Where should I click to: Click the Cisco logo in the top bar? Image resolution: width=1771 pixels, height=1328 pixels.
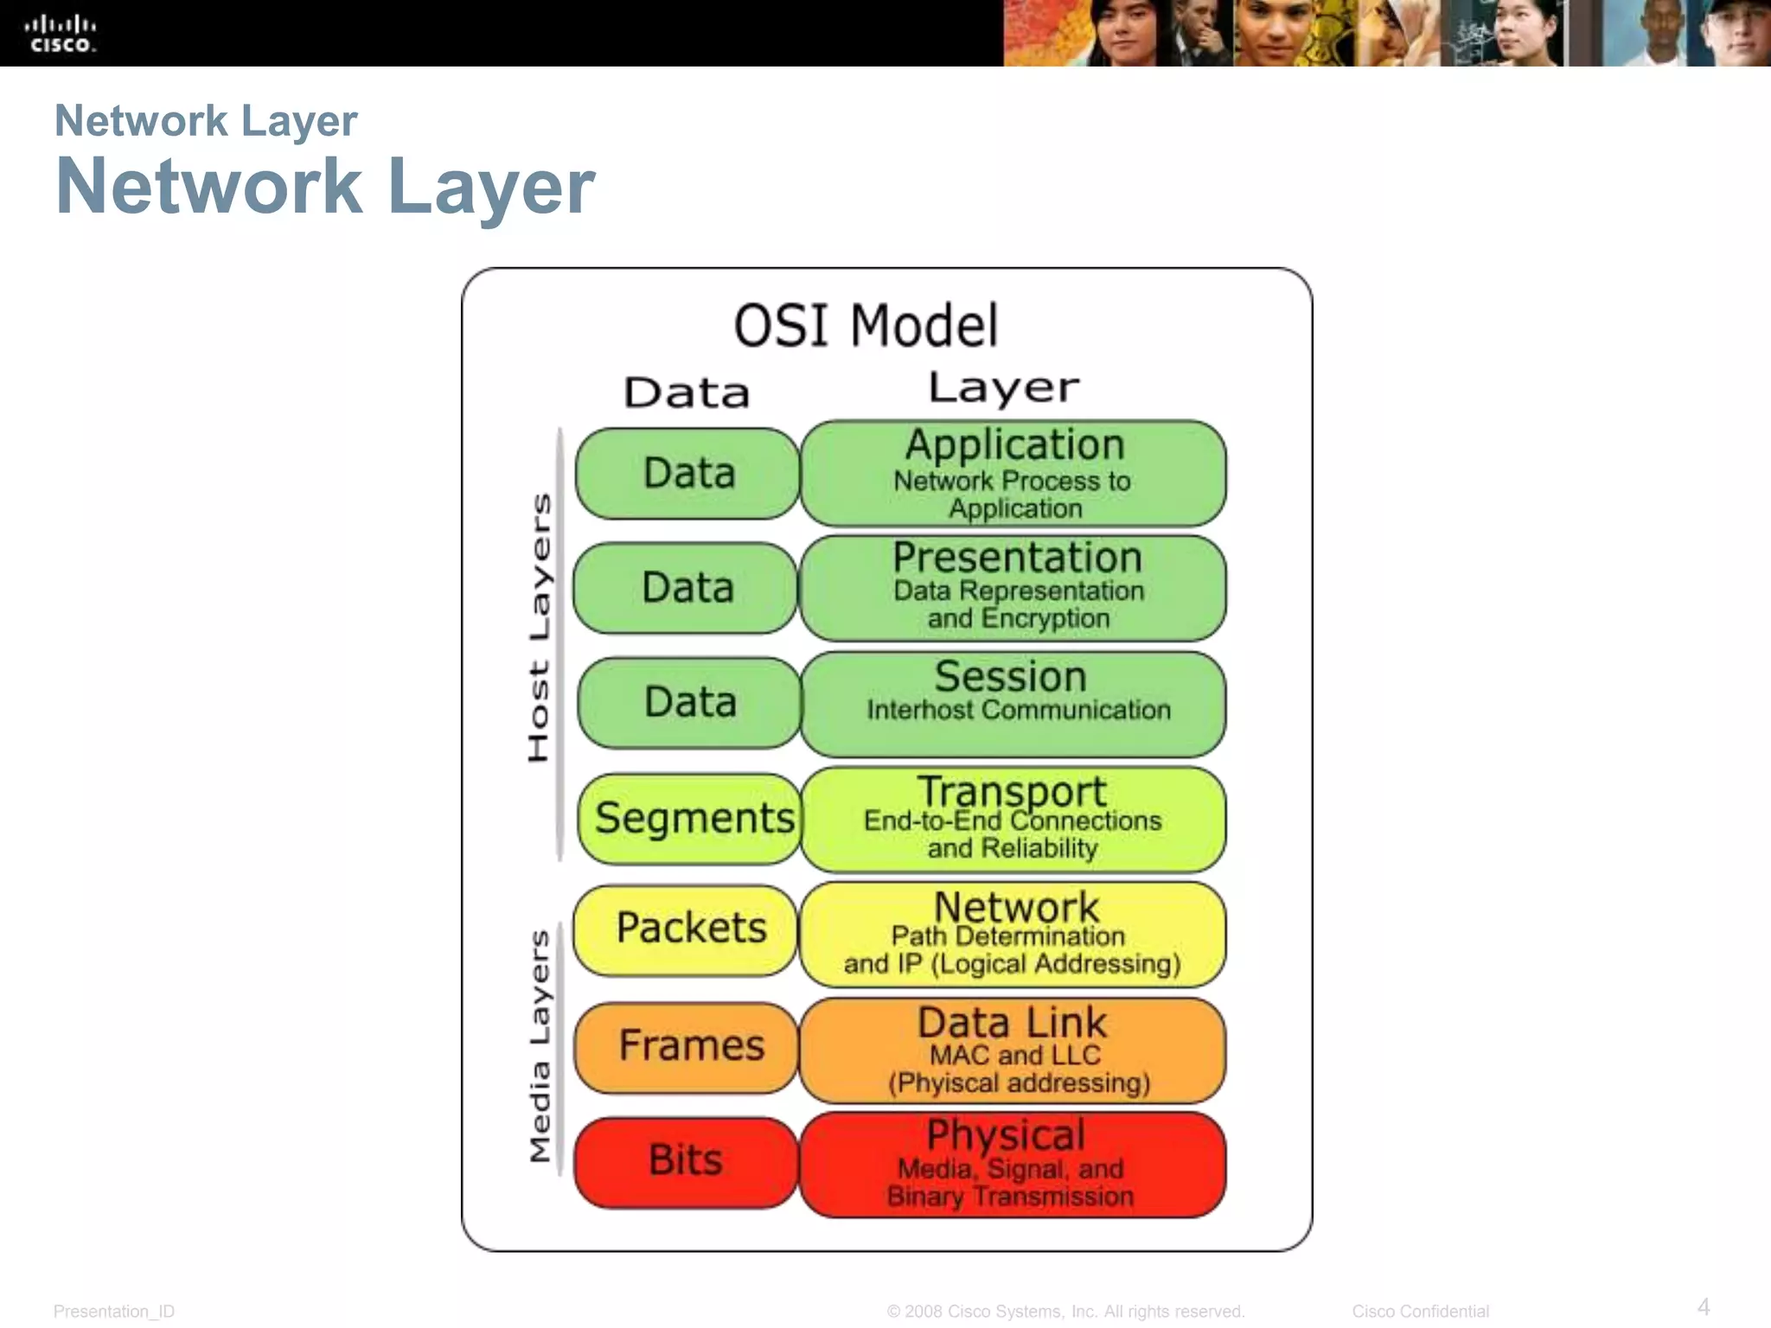point(60,34)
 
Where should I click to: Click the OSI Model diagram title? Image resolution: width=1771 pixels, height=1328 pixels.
point(866,326)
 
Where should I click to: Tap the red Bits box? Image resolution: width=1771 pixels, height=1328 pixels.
point(686,1161)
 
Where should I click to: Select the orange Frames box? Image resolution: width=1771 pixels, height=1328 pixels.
point(688,1046)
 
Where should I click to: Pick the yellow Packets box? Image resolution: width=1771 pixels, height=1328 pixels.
point(688,929)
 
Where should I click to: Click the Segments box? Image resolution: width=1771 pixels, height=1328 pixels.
point(693,818)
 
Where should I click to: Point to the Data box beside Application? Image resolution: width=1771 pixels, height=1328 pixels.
point(688,473)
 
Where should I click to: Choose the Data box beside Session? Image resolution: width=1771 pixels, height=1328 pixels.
point(689,702)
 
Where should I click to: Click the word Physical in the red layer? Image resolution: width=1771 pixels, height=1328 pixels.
point(1006,1135)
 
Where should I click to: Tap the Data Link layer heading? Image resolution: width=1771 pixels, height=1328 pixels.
point(1012,1023)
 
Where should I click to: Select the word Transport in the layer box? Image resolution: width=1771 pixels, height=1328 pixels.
point(1012,790)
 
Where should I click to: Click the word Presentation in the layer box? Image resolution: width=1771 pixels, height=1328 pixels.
point(1017,558)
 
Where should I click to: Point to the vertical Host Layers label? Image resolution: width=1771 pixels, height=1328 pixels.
point(539,627)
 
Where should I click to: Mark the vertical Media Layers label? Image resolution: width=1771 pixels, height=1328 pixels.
point(539,1045)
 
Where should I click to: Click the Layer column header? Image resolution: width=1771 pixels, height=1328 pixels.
point(1003,388)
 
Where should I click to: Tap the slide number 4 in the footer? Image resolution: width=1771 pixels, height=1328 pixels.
point(1703,1306)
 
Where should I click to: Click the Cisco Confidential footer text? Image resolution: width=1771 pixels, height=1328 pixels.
point(1420,1312)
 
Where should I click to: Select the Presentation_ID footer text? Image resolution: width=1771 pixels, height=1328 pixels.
point(114,1312)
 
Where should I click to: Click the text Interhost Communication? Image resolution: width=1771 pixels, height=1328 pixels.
point(1018,711)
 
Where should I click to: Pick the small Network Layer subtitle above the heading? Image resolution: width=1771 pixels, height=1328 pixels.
point(206,121)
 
